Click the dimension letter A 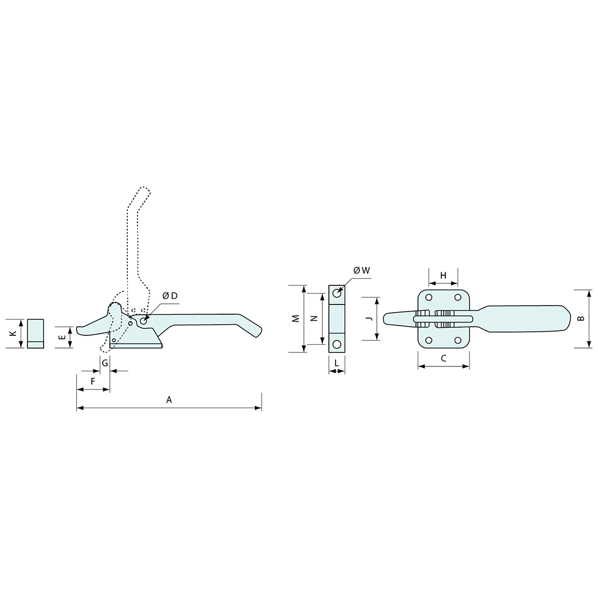coord(169,400)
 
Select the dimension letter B coord(581,318)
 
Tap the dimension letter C coord(444,358)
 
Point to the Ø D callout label coord(170,296)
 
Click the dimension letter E coord(63,337)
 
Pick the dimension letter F coord(93,382)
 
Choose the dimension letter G coord(105,363)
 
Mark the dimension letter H coord(443,276)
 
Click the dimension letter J coord(368,319)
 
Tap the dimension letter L coord(337,363)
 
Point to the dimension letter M coord(296,319)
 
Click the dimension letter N coord(314,319)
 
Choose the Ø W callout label coord(361,270)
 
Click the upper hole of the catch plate coord(337,293)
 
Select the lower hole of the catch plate coord(337,344)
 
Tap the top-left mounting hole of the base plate coord(429,297)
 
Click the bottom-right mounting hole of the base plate coord(458,340)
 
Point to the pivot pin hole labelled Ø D coord(144,321)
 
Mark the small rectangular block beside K coord(36,333)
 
